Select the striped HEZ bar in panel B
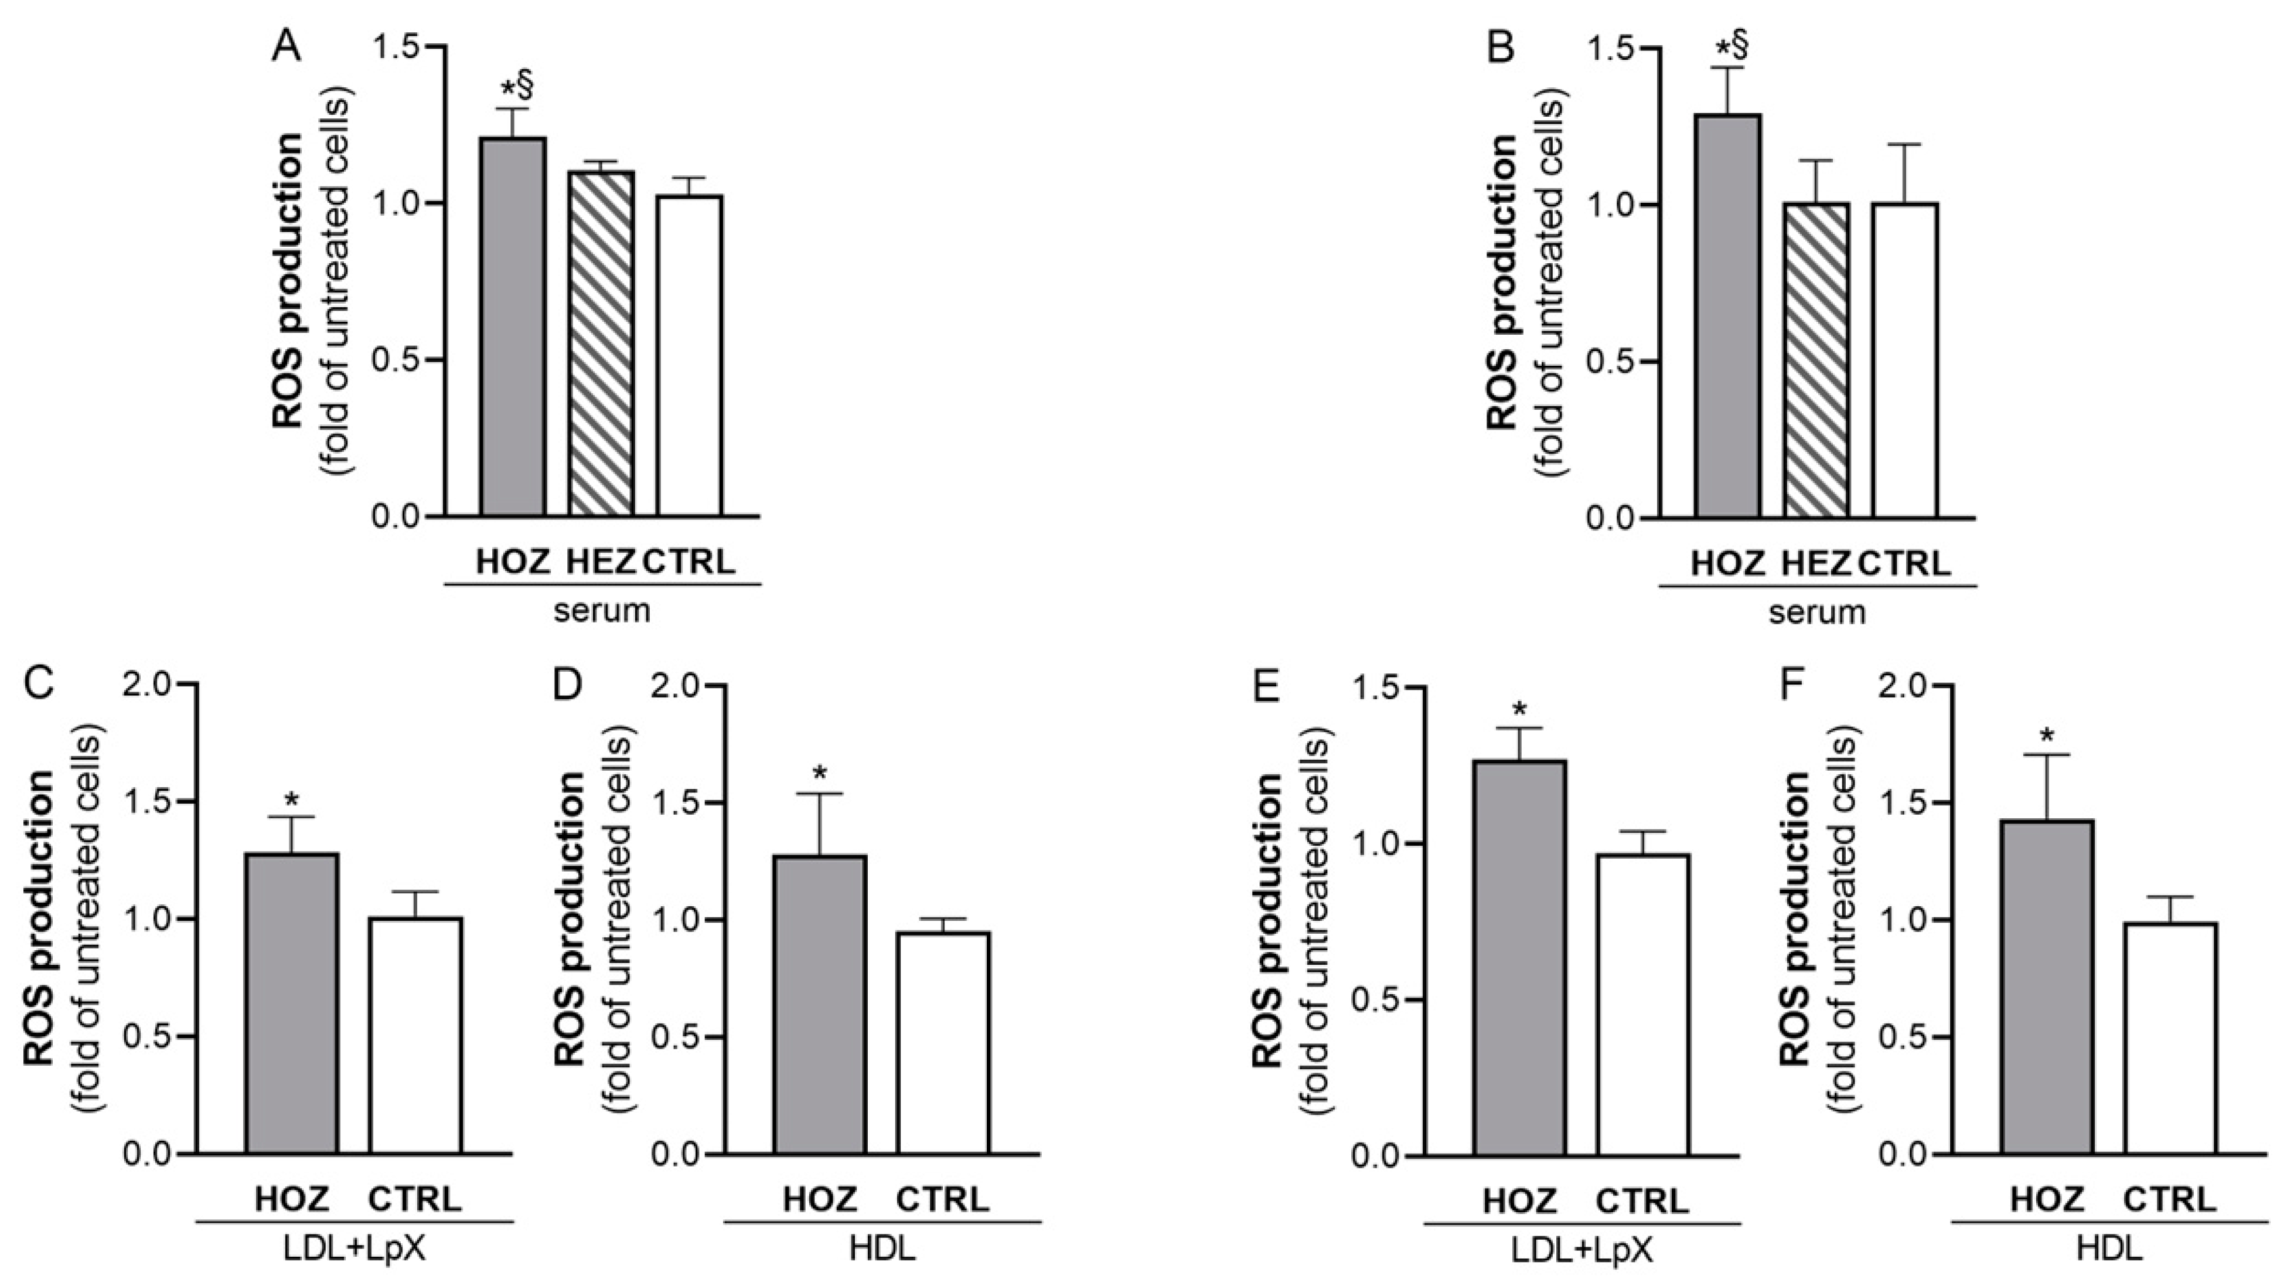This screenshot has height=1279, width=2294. (1816, 360)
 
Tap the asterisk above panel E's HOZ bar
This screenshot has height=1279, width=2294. (1519, 711)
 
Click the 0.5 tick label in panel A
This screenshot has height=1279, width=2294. (396, 360)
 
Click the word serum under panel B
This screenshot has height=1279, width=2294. (1816, 613)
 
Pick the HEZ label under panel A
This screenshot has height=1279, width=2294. (599, 563)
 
